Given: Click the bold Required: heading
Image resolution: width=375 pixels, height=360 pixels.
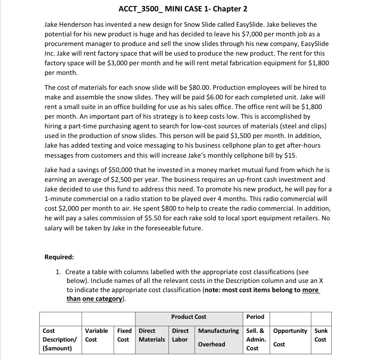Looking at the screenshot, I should tap(59, 257).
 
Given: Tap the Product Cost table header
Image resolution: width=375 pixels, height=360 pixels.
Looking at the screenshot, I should tap(189, 317).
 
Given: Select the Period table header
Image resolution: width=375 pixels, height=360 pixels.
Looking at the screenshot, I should tap(256, 317).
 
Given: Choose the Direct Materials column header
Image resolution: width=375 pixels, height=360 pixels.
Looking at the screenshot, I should tap(151, 335).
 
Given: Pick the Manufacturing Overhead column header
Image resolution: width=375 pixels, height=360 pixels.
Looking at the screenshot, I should tap(218, 337).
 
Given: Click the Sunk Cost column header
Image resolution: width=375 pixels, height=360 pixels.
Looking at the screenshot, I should tap(321, 335).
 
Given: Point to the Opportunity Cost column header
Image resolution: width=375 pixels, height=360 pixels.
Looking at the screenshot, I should tap(290, 337).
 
